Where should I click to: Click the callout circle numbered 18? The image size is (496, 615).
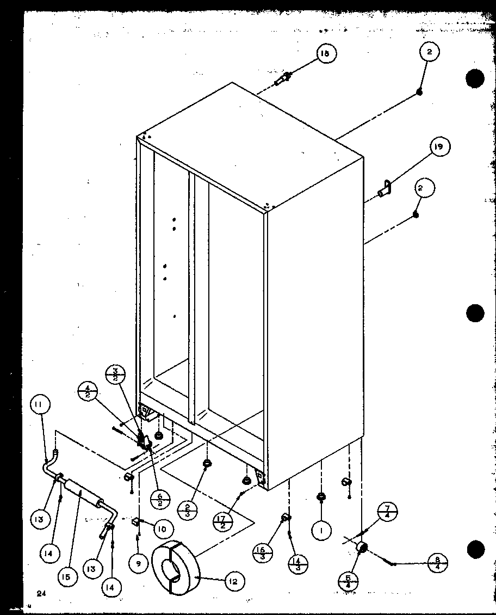pyautogui.click(x=325, y=53)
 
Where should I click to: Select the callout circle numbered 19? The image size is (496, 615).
pyautogui.click(x=440, y=147)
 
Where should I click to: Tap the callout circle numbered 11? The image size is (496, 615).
pyautogui.click(x=40, y=405)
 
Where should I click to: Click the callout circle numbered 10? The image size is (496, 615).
pyautogui.click(x=163, y=528)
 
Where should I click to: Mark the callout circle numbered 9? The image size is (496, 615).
pyautogui.click(x=139, y=564)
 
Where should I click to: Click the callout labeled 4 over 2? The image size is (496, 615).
pyautogui.click(x=88, y=392)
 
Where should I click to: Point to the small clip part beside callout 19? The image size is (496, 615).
pyautogui.click(x=385, y=190)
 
